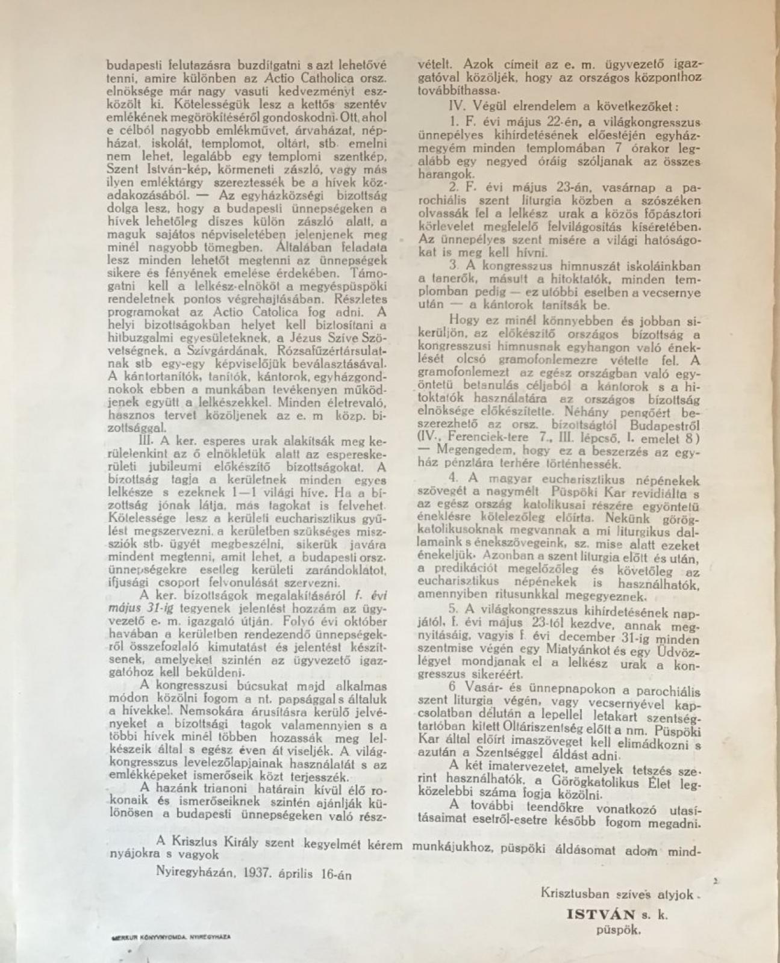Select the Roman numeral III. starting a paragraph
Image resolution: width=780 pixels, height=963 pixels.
(x=145, y=439)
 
